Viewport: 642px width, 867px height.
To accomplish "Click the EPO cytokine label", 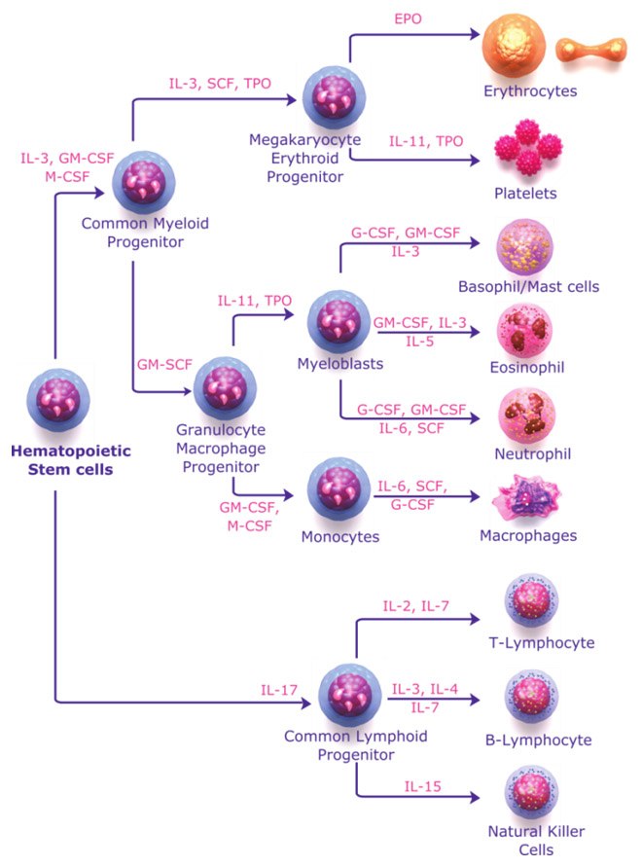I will tap(408, 18).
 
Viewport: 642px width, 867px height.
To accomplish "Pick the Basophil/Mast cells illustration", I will tap(525, 249).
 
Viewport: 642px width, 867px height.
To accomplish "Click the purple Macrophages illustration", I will tap(526, 497).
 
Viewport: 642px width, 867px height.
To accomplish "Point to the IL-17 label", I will tap(278, 690).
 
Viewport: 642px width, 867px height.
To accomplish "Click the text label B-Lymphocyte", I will tap(538, 740).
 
